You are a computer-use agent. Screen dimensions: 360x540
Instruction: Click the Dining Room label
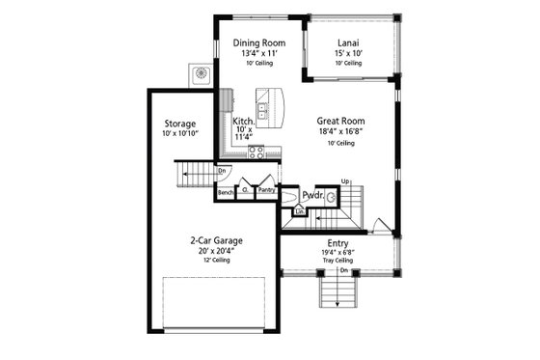pos(257,42)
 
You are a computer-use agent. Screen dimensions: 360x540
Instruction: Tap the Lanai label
pos(349,42)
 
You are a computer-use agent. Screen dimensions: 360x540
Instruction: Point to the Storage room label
pos(180,125)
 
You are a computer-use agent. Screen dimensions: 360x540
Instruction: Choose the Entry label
pos(337,242)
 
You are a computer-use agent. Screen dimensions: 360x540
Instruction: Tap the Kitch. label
pos(243,122)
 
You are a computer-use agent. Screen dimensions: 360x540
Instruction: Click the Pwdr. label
pos(310,196)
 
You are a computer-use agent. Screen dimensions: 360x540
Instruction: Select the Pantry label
pos(266,191)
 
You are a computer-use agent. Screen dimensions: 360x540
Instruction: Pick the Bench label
pos(226,192)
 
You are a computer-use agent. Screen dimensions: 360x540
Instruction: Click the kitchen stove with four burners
pos(256,152)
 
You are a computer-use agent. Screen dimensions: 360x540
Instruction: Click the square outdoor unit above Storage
pos(202,73)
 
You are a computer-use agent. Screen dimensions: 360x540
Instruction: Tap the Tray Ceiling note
pos(337,262)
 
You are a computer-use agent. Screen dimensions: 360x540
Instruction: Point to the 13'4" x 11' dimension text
pos(257,53)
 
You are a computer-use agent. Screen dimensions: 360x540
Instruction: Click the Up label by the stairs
pos(344,180)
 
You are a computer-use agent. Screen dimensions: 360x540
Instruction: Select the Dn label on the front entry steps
pos(343,269)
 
